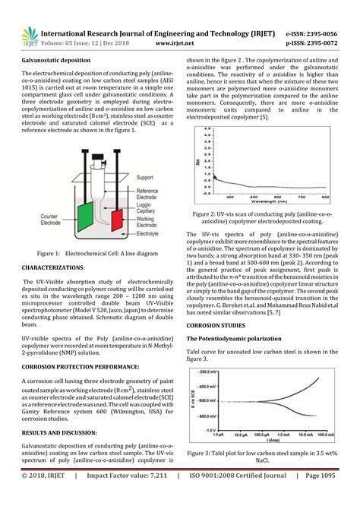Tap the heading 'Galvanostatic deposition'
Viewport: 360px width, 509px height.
pyautogui.click(x=55, y=58)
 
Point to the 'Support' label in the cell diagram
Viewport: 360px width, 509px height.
pyautogui.click(x=146, y=178)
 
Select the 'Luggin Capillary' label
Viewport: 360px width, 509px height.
pyautogui.click(x=147, y=209)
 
